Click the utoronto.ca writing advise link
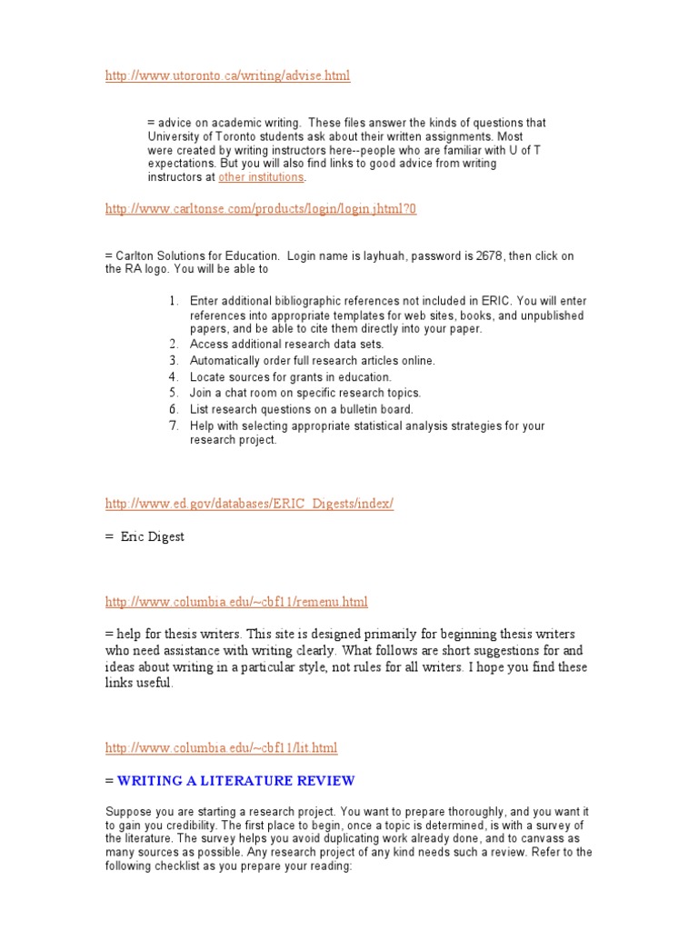point(227,75)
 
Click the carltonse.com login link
point(261,209)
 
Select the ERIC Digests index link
point(249,504)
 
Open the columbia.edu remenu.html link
point(236,602)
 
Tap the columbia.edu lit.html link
point(221,748)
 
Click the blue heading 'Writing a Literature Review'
point(236,781)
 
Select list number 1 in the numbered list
point(174,300)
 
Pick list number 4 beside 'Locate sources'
point(174,376)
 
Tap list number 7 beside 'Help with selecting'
point(174,425)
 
